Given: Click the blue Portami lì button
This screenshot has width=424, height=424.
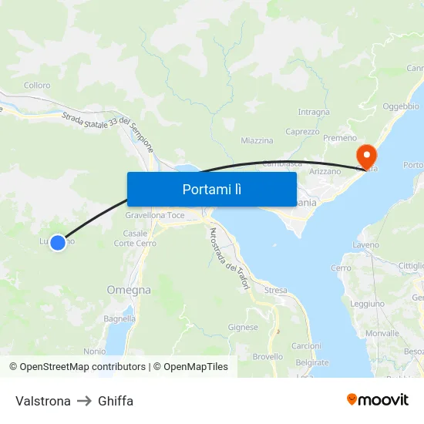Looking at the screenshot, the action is pos(211,189).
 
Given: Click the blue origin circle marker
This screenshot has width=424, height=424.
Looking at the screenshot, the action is pos(56,242).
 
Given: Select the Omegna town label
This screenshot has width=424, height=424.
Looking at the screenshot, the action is pos(129,290).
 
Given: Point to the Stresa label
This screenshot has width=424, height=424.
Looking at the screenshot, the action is pos(275,291).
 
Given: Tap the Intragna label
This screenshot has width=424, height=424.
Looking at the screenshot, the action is pos(314,112).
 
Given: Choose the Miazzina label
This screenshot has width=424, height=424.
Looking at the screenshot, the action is pos(257,141).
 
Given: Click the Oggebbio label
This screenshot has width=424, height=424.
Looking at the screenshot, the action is pos(401,106).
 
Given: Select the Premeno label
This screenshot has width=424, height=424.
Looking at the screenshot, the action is pos(340,138).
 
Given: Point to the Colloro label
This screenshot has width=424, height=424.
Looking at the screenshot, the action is pos(37,86).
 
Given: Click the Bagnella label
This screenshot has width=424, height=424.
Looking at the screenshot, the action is pos(119,318).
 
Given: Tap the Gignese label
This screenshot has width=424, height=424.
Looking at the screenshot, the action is pos(243,327).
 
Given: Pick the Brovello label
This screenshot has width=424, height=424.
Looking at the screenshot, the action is pos(268,356).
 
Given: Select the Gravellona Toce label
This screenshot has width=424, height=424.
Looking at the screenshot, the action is pos(155,215).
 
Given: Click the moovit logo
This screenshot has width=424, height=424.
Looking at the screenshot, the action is pos(378,400).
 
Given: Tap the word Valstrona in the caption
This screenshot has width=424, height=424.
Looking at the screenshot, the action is pos(43,401).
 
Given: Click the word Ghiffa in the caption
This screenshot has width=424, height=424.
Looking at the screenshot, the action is pos(116,401).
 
